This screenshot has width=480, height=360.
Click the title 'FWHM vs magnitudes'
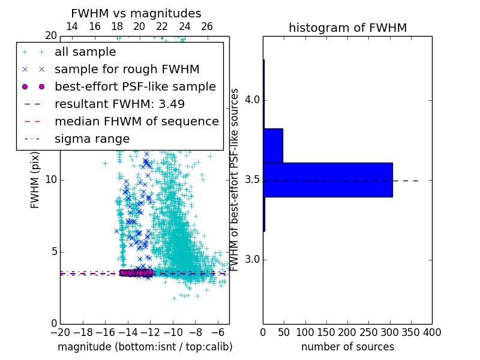(x=136, y=13)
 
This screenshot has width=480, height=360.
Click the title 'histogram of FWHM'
(x=347, y=28)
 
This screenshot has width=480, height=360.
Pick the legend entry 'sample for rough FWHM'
(x=127, y=70)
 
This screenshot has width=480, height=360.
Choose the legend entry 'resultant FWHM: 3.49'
(x=119, y=104)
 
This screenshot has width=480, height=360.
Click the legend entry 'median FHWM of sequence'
(x=136, y=122)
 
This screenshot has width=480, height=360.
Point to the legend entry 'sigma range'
(x=92, y=139)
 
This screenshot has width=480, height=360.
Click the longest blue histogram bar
(x=328, y=179)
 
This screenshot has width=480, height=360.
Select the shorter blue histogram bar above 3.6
(x=273, y=145)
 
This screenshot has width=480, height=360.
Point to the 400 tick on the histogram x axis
(x=432, y=332)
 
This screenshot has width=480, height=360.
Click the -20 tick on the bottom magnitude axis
(x=60, y=332)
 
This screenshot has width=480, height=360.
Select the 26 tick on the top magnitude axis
(x=207, y=26)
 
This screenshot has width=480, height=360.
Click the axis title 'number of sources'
(x=347, y=347)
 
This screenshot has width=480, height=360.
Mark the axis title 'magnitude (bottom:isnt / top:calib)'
(x=145, y=347)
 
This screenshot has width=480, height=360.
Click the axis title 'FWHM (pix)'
(x=35, y=179)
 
